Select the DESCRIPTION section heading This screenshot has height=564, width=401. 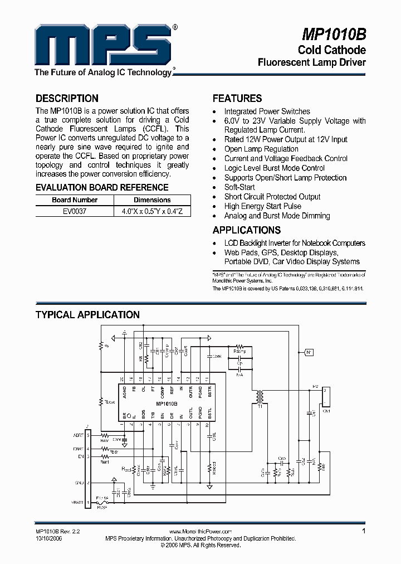67,99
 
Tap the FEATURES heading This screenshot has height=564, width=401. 237,99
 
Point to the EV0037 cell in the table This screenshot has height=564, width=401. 75,212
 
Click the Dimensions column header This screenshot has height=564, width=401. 152,200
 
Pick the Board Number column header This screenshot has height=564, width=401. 75,200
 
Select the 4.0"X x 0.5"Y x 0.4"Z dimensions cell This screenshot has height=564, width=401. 152,212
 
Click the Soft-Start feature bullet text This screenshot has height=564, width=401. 239,187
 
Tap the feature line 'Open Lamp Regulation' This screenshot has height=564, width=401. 261,149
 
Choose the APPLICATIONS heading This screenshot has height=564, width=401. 247,230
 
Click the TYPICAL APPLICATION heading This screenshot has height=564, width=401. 87,315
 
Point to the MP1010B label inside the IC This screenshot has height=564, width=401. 167,403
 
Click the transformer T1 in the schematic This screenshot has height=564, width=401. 259,397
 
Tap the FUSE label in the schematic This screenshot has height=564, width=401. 101,508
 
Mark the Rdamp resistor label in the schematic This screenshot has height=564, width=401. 240,351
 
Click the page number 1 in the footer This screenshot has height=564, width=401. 364,532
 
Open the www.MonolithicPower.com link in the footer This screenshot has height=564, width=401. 200,532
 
